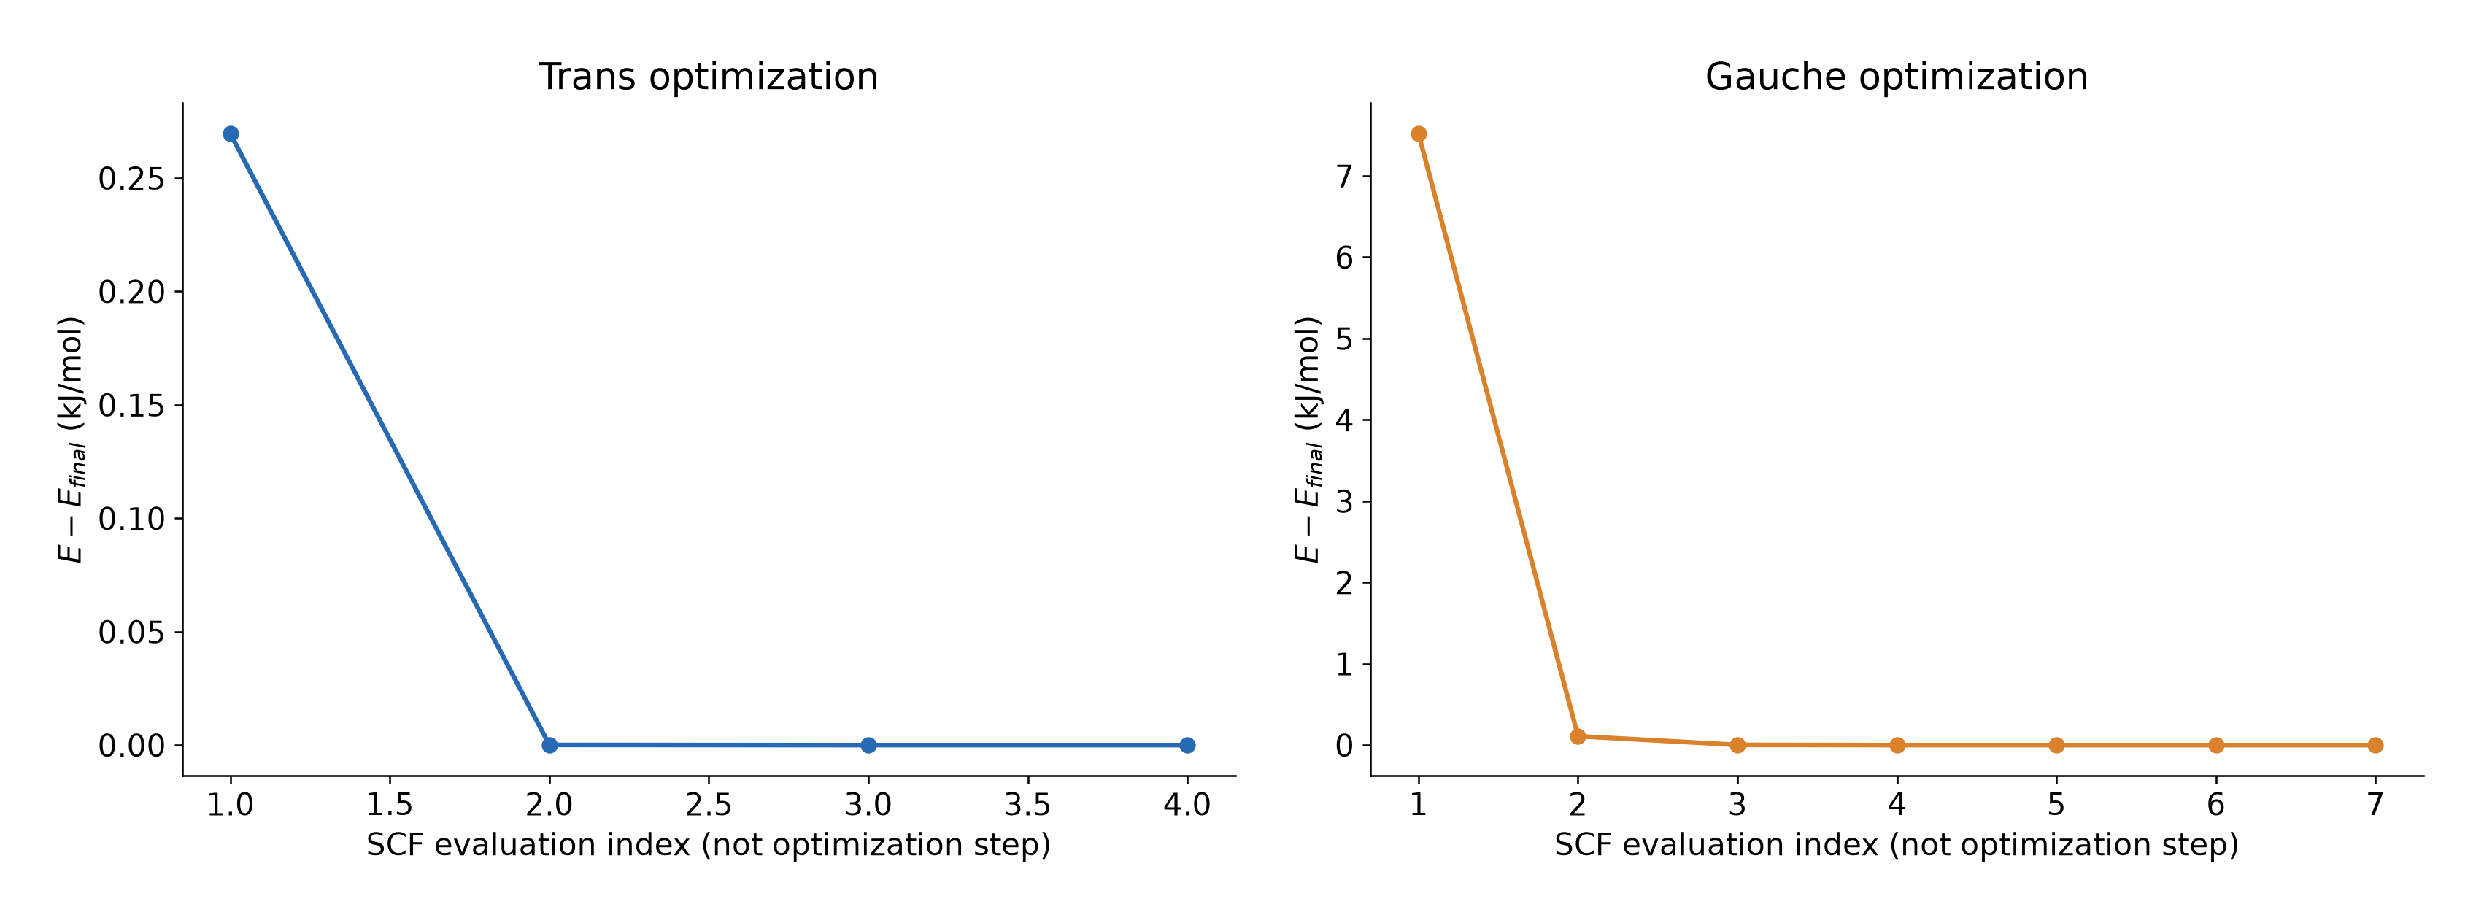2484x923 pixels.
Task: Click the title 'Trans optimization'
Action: (x=708, y=77)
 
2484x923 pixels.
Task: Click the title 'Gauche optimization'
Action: (x=1896, y=77)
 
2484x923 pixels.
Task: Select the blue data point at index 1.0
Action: (x=231, y=134)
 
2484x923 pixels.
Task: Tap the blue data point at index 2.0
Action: (x=549, y=744)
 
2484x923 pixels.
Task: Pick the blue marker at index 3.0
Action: (x=868, y=744)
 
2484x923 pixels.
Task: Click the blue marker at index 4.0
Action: (x=1187, y=744)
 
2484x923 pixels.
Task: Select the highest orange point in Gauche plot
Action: (x=1419, y=134)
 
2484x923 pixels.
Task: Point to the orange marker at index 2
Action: (x=1578, y=736)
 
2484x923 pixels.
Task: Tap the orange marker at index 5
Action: (x=2056, y=744)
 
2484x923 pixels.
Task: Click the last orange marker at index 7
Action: (x=2375, y=744)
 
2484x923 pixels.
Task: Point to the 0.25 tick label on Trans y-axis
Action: (x=132, y=179)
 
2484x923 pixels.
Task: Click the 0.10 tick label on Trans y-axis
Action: (x=132, y=519)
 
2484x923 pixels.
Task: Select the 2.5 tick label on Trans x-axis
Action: (x=709, y=804)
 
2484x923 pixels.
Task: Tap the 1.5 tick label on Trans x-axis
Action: (x=390, y=804)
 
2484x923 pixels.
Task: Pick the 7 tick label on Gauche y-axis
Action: (x=1344, y=176)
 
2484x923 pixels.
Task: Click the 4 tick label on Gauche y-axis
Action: (x=1344, y=420)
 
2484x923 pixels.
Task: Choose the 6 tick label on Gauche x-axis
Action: (x=2216, y=804)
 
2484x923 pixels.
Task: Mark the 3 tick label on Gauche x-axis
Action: (x=1737, y=804)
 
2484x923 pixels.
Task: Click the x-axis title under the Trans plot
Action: (x=709, y=845)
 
